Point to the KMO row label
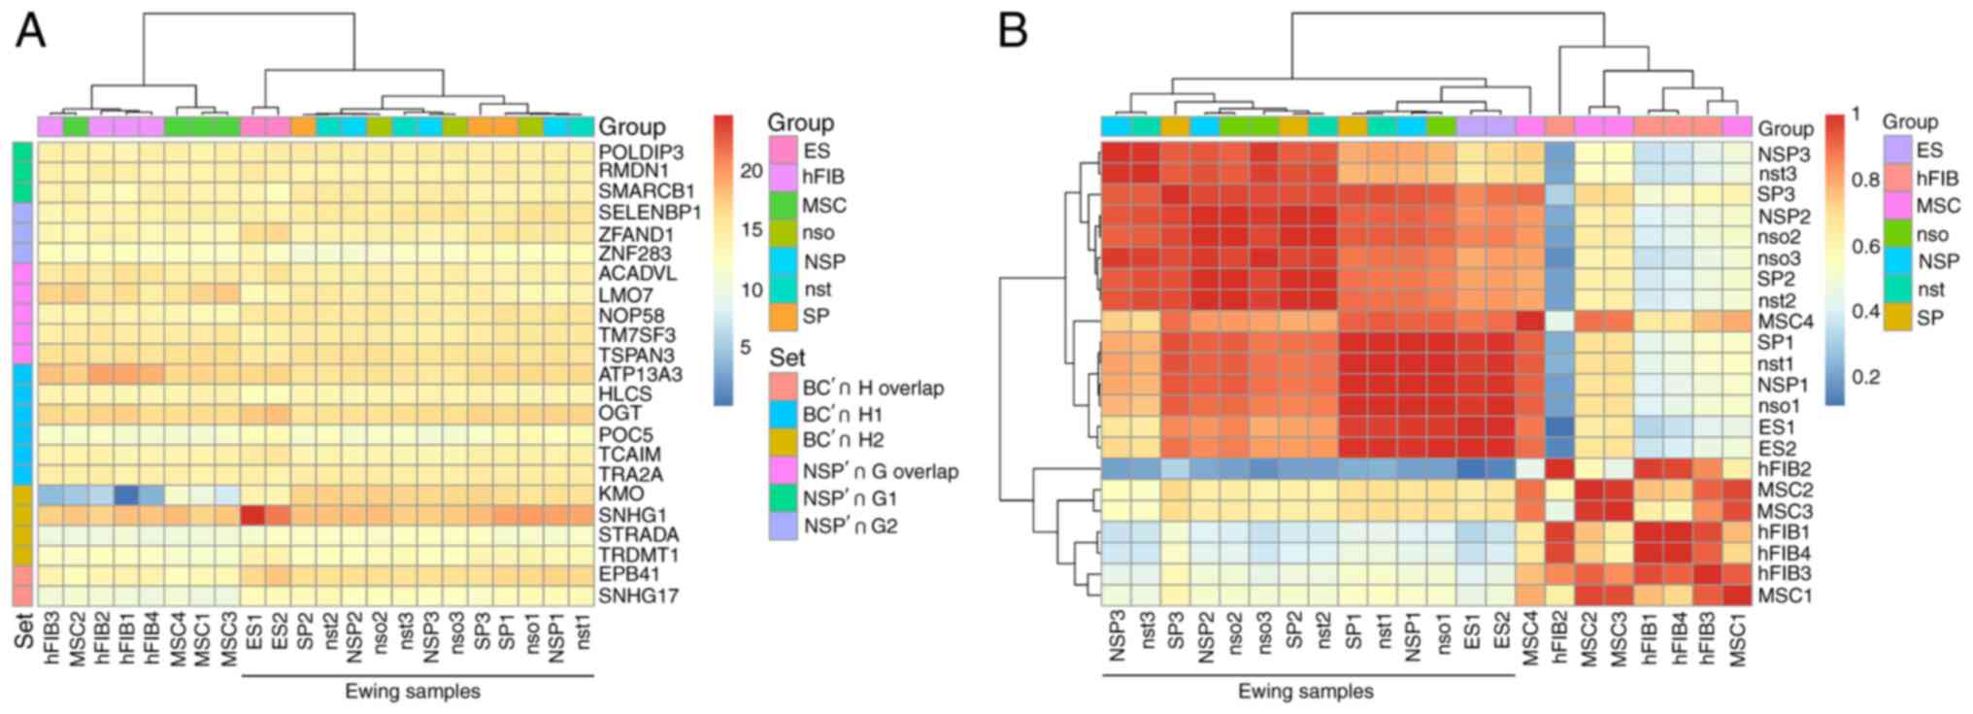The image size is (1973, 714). click(621, 494)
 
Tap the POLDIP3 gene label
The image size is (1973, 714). click(641, 153)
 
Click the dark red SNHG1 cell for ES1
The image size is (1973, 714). click(252, 515)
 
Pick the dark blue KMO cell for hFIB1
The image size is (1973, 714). click(126, 494)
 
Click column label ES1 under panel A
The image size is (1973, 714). click(252, 629)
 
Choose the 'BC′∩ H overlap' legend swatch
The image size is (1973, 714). click(783, 387)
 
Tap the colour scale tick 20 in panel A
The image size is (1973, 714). click(751, 171)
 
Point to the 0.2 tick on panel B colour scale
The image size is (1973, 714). click(1865, 377)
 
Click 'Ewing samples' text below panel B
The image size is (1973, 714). click(1306, 692)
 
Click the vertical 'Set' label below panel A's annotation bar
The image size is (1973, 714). click(23, 629)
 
